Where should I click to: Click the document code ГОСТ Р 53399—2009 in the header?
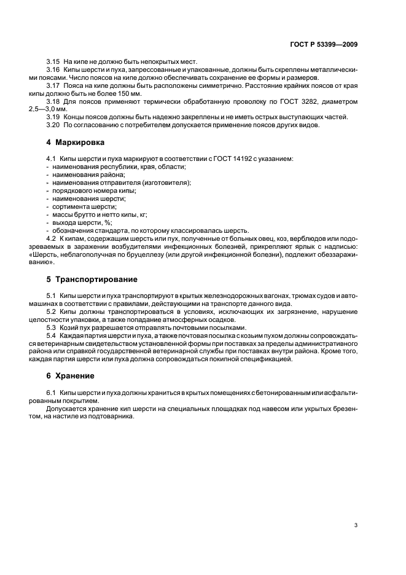[x=324, y=44]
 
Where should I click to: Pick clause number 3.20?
[x=53, y=125]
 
